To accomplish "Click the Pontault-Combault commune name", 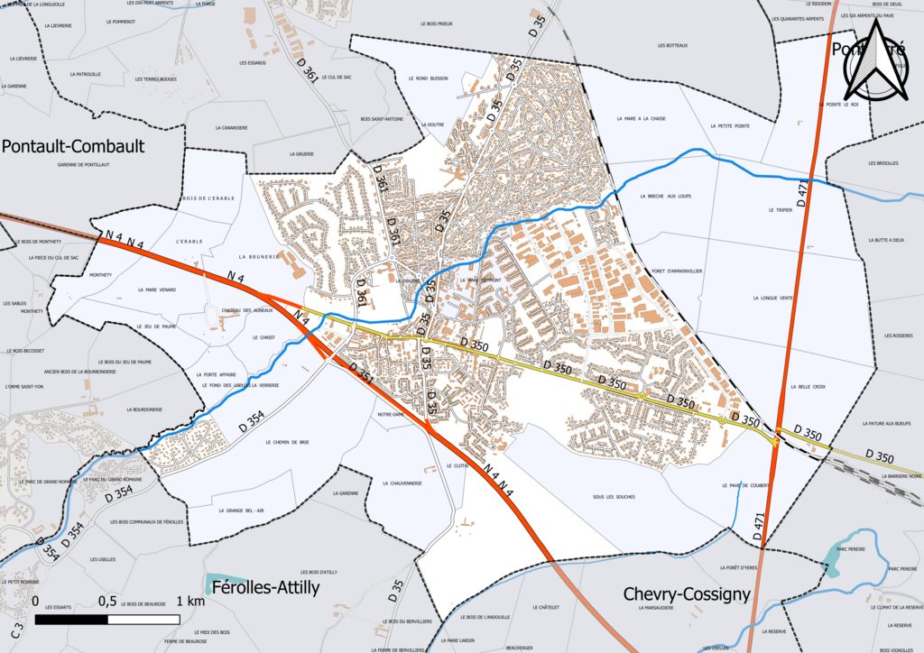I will point(73,146).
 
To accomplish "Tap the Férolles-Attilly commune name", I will point(264,588).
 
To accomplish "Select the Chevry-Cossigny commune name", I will point(687,594).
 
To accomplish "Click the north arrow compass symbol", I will point(874,60).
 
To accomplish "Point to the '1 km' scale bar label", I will point(190,602).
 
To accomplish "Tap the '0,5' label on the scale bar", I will point(106,602).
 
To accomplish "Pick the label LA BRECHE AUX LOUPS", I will point(664,196).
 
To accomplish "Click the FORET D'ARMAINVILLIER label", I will point(677,271).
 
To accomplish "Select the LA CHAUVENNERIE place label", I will point(402,483).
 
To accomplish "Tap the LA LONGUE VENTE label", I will point(772,298).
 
